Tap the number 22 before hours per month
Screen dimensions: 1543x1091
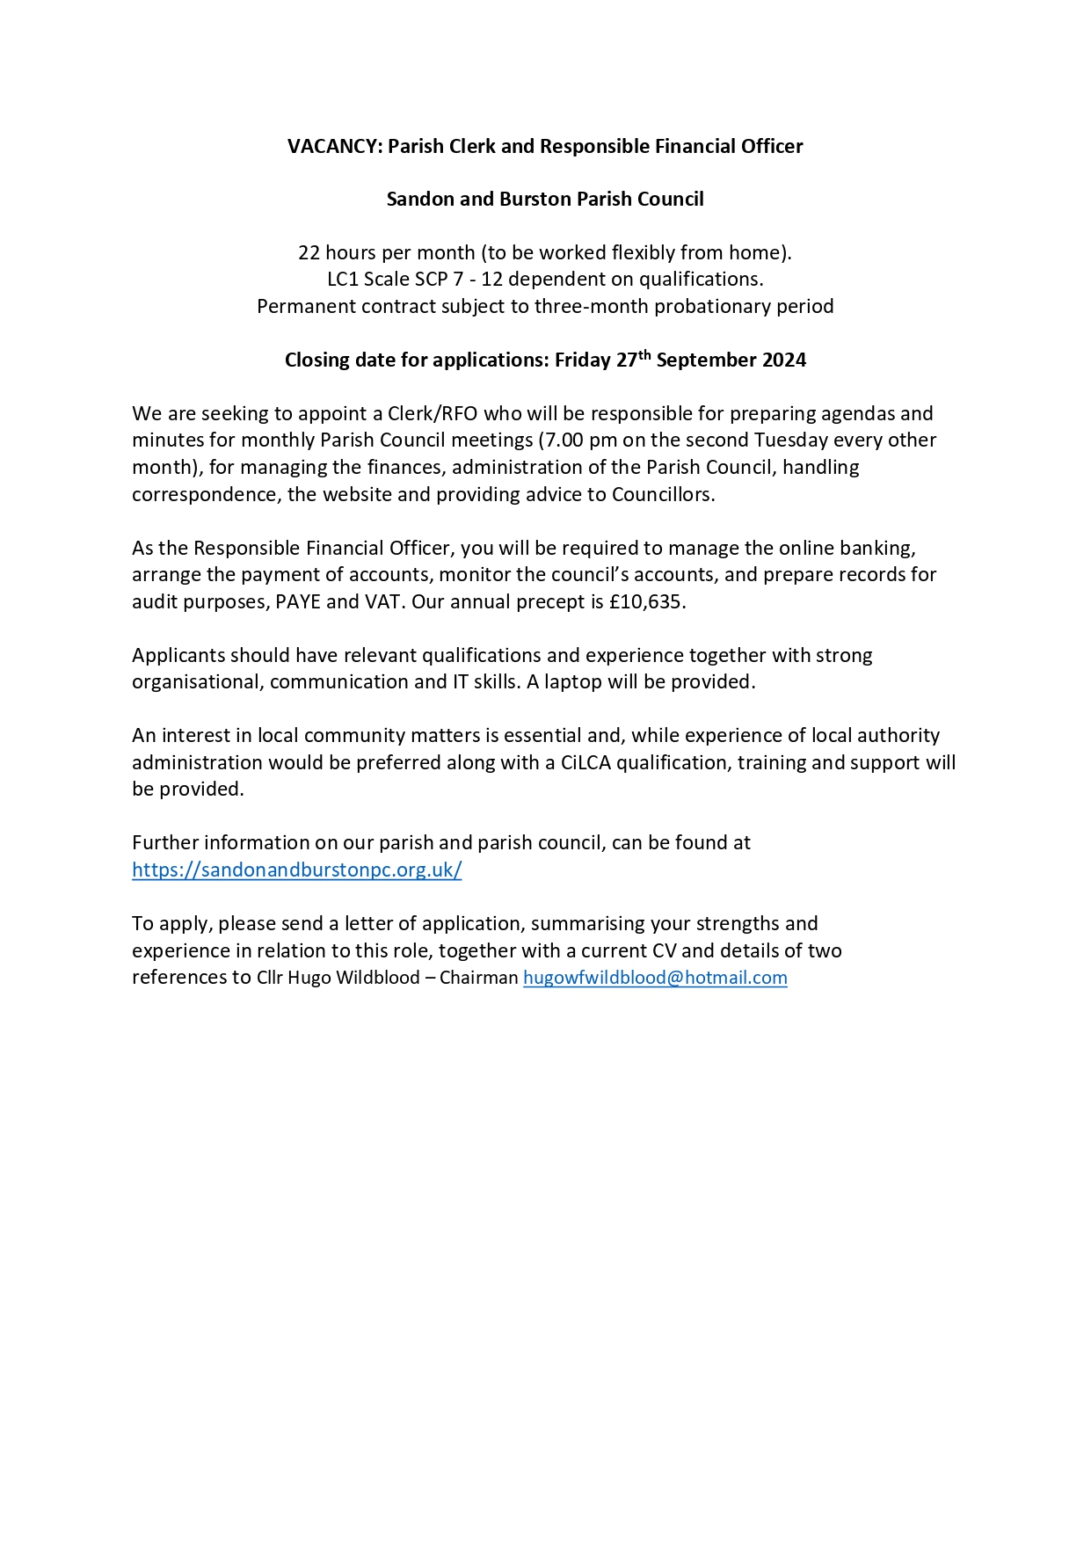click(309, 253)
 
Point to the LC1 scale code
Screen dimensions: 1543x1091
click(342, 280)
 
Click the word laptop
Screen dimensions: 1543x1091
click(573, 682)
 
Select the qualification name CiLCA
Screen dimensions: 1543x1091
click(585, 763)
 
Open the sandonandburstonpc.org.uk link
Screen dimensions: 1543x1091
click(297, 870)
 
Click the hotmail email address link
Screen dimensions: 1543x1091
click(655, 978)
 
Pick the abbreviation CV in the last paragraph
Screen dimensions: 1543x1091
click(664, 951)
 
